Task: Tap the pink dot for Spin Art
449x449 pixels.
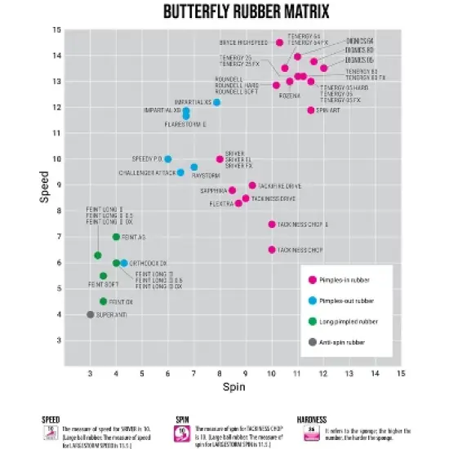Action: click(311, 110)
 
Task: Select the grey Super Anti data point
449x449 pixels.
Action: click(90, 314)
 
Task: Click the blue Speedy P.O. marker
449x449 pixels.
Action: click(168, 159)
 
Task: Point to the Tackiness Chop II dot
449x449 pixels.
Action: click(272, 224)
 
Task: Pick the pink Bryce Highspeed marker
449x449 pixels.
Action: click(280, 42)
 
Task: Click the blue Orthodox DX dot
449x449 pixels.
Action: click(124, 263)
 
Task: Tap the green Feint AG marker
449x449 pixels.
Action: click(116, 237)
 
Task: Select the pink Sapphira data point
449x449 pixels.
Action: click(232, 190)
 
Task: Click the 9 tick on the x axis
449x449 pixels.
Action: click(246, 373)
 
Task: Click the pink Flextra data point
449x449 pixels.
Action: click(238, 203)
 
